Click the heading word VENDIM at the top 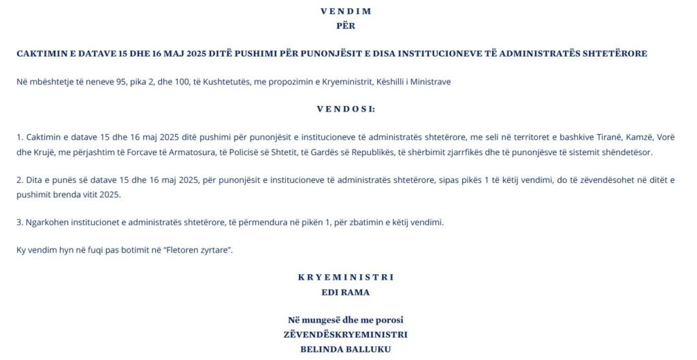(x=346, y=12)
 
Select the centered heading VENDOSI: (x=346, y=109)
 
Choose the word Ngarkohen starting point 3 (x=48, y=222)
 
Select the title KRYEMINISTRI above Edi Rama (x=346, y=277)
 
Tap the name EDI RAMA (x=346, y=292)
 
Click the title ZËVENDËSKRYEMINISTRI (x=346, y=334)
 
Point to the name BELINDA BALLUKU (x=346, y=349)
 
